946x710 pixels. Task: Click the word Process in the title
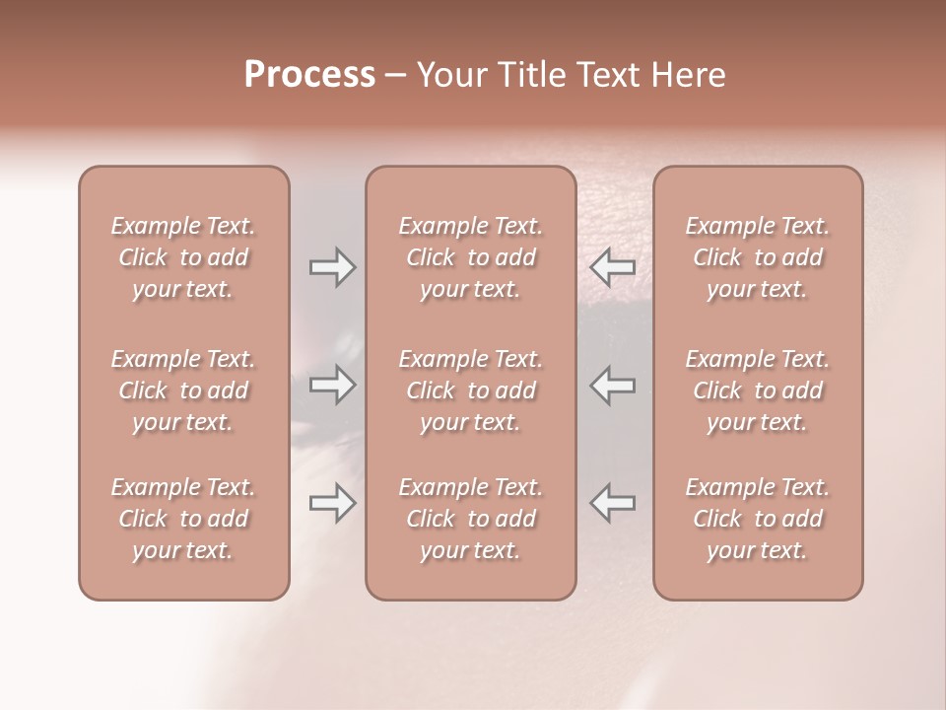point(309,74)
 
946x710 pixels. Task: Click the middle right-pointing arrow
point(332,385)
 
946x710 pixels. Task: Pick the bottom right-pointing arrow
point(332,504)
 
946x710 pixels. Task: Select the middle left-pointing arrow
point(612,385)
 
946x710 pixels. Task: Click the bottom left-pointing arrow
point(612,504)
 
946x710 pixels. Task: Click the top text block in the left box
point(183,257)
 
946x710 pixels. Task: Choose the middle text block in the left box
point(183,390)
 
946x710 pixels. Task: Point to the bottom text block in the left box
point(183,519)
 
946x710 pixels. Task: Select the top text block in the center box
point(470,257)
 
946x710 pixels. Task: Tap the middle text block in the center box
point(470,390)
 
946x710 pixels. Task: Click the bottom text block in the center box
point(470,519)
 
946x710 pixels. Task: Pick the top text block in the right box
point(757,257)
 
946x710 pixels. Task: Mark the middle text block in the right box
point(757,390)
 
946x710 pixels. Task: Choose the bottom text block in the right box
point(757,519)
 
